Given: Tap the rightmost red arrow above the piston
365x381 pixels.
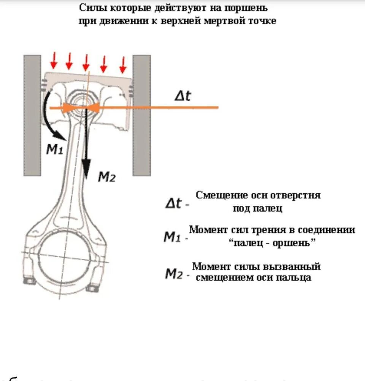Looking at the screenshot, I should pos(122,65).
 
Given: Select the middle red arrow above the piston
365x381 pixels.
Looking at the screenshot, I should pos(86,62).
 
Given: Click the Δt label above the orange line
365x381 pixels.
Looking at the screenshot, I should pos(182,96).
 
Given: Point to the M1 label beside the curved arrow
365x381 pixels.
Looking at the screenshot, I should pos(54,150).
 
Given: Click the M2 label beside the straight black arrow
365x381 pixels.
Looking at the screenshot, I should pos(106,176).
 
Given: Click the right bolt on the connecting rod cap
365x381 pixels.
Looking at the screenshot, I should pos(91,288).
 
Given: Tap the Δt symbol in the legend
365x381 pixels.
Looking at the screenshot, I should pos(173,204).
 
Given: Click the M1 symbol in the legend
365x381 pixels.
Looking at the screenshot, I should pos(172,237).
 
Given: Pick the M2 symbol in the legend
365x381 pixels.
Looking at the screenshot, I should pos(174,273).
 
